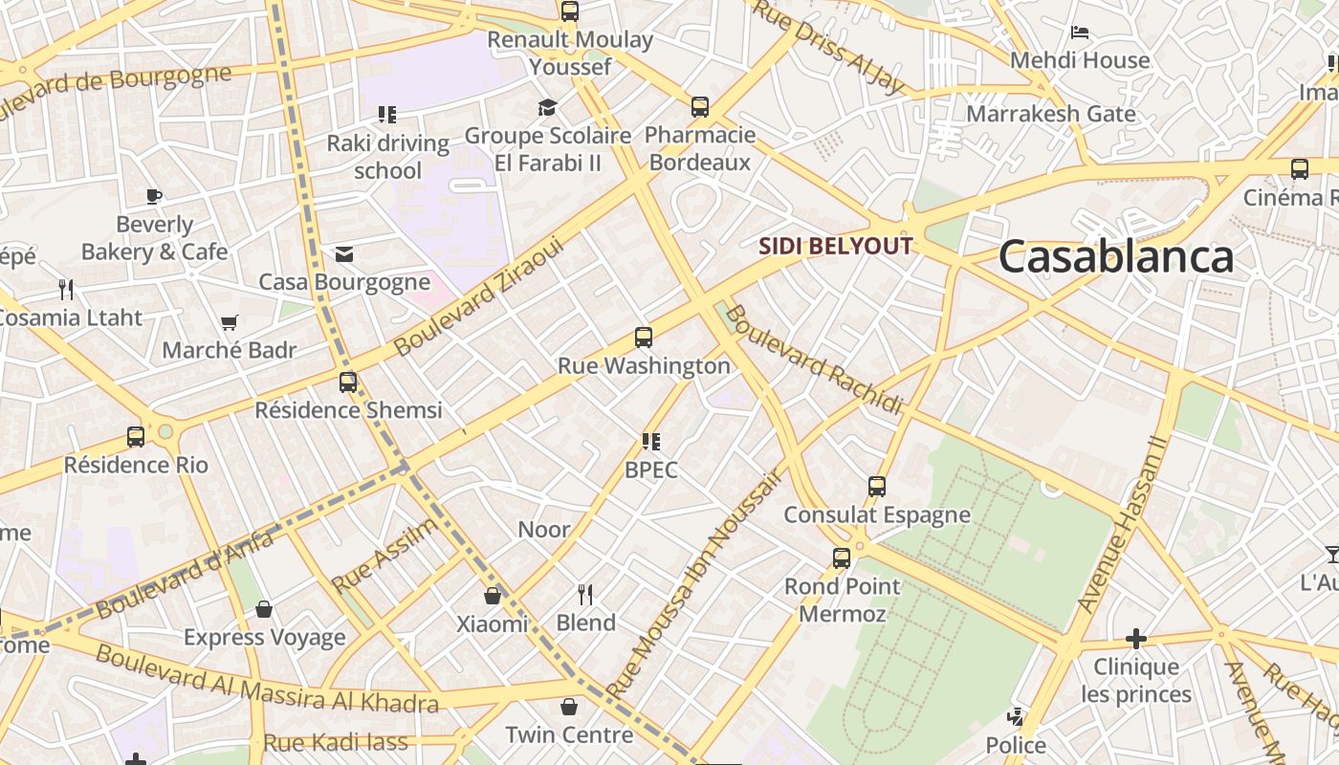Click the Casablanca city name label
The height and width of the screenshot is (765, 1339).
[1116, 257]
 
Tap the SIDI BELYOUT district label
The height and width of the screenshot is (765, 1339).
[835, 246]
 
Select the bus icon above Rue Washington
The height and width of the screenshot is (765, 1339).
[644, 338]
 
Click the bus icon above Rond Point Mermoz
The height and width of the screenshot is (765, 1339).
[842, 557]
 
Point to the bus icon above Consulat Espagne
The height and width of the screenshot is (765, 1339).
[877, 486]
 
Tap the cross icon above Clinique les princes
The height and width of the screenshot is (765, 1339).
[1136, 638]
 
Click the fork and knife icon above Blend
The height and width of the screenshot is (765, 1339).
[585, 595]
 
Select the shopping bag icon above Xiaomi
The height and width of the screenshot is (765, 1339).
[493, 596]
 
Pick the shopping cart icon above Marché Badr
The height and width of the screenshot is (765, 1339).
[229, 322]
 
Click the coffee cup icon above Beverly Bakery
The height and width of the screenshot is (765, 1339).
[154, 196]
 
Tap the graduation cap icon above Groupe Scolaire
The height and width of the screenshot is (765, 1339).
[547, 107]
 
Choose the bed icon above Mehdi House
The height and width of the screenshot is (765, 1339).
[1080, 32]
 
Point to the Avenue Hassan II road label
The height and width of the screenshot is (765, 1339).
[1124, 525]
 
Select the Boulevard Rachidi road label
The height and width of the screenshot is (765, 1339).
[813, 361]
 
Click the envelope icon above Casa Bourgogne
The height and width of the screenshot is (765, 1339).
[344, 253]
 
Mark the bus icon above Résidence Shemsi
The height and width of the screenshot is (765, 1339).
[348, 382]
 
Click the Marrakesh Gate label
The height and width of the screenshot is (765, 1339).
[1050, 114]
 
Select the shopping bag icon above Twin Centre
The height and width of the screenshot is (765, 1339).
[569, 707]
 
